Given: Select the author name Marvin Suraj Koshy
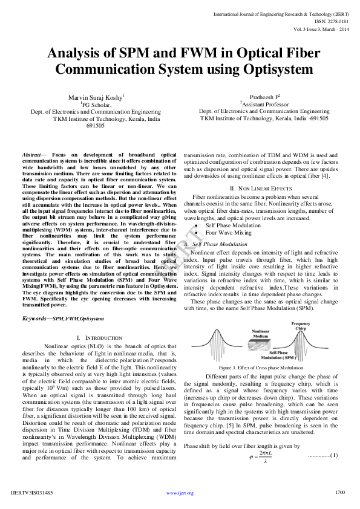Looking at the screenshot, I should tap(98, 96).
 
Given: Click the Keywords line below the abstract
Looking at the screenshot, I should tap(63, 318).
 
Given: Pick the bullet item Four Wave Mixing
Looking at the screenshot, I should tap(229, 232).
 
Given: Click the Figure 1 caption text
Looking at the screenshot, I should tap(261, 368).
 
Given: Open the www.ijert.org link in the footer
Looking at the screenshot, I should tap(180, 493).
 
